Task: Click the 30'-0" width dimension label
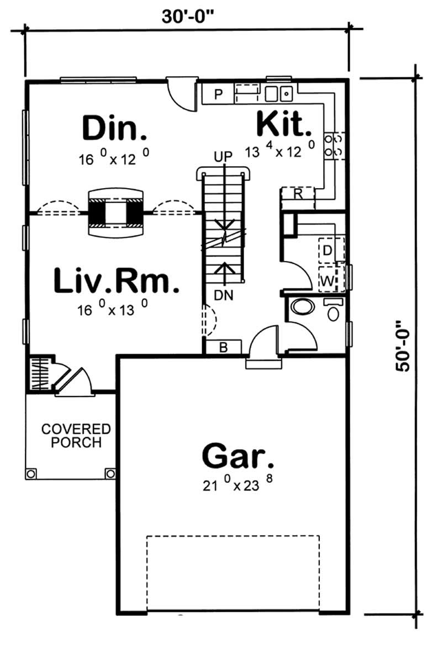tap(188, 16)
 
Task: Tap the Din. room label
tap(115, 128)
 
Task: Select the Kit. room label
tap(284, 125)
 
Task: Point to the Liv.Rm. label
tap(117, 281)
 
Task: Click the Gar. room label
tap(238, 456)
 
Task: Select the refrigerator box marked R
tap(297, 194)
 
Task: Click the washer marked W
tap(328, 281)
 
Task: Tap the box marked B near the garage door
tap(223, 347)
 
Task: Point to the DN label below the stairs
tap(224, 295)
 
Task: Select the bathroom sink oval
tap(302, 306)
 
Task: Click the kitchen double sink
tap(278, 94)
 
